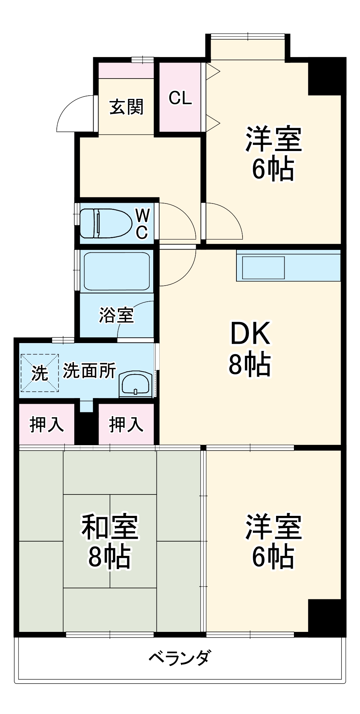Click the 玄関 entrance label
click(x=126, y=107)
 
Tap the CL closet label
click(x=180, y=97)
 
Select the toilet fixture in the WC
click(x=105, y=223)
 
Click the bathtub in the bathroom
click(x=116, y=271)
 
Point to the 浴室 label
click(x=116, y=315)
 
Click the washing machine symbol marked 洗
click(x=39, y=373)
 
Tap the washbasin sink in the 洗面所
click(x=135, y=384)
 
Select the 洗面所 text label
click(x=89, y=371)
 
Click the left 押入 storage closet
click(x=46, y=424)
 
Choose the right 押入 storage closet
click(x=126, y=424)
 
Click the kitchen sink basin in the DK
click(x=264, y=268)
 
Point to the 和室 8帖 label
click(x=110, y=541)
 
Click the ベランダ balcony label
click(x=180, y=658)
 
